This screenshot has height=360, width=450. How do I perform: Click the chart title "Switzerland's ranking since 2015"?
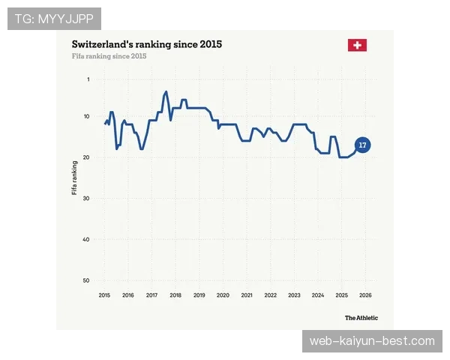pyautogui.click(x=147, y=44)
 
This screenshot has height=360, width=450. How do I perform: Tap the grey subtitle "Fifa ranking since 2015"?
pyautogui.click(x=109, y=56)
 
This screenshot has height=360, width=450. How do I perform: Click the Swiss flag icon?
pyautogui.click(x=357, y=45)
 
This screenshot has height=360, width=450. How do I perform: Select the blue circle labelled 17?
pyautogui.click(x=363, y=145)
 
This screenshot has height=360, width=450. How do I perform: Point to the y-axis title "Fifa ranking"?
pyautogui.click(x=74, y=178)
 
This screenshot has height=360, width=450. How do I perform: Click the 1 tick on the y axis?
pyautogui.click(x=88, y=79)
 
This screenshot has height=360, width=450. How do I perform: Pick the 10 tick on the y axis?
pyautogui.click(x=87, y=116)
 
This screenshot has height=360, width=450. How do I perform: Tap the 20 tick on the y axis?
pyautogui.click(x=86, y=157)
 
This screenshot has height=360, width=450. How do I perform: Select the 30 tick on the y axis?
pyautogui.click(x=86, y=198)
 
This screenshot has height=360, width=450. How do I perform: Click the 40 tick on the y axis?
pyautogui.click(x=86, y=239)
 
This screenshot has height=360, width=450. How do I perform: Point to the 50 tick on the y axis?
pyautogui.click(x=86, y=280)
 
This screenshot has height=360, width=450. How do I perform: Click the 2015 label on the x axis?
pyautogui.click(x=104, y=295)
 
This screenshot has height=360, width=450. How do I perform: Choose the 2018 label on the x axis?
pyautogui.click(x=175, y=295)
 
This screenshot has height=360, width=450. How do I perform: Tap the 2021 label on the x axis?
pyautogui.click(x=247, y=295)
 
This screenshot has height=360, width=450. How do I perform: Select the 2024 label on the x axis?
pyautogui.click(x=318, y=295)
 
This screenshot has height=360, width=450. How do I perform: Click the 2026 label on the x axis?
pyautogui.click(x=366, y=295)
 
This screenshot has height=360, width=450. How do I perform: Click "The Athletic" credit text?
pyautogui.click(x=361, y=318)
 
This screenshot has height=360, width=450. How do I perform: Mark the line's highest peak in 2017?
pyautogui.click(x=166, y=91)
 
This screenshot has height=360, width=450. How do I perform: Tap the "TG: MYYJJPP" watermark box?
pyautogui.click(x=54, y=19)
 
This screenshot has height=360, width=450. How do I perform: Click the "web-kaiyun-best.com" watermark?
pyautogui.click(x=372, y=341)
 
